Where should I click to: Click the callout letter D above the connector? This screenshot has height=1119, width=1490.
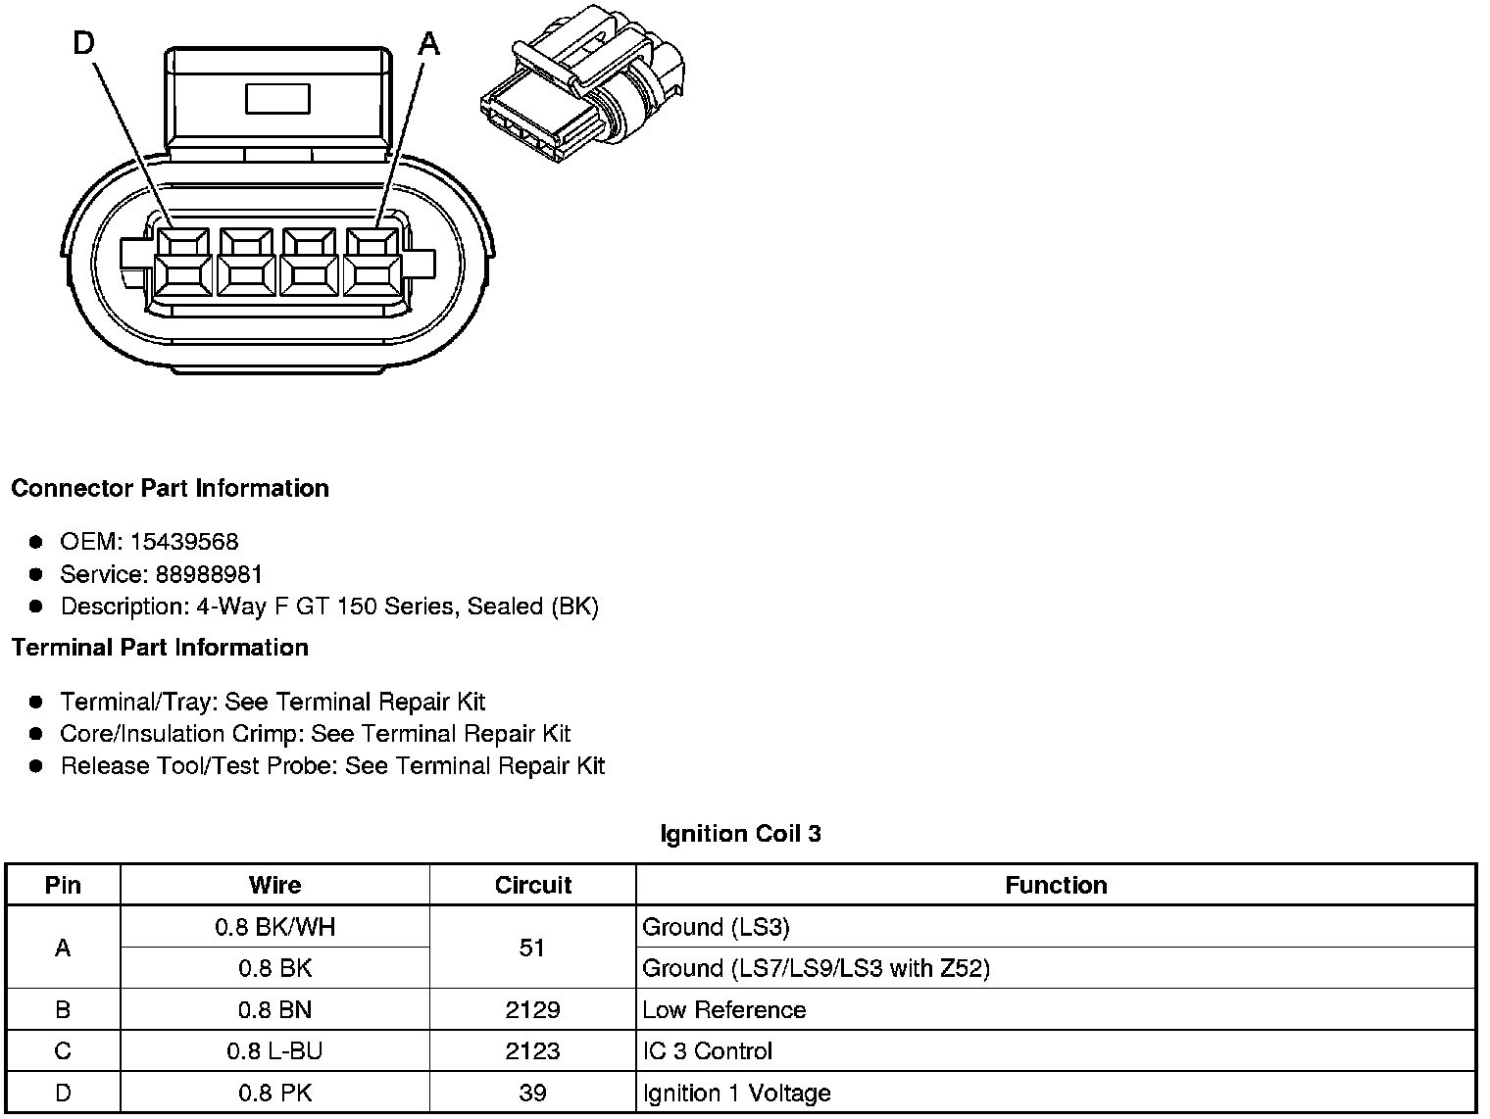click(84, 44)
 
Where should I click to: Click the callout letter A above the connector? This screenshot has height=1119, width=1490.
click(428, 44)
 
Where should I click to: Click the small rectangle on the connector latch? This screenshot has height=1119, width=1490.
click(277, 99)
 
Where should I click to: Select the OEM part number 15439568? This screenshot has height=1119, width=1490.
click(184, 542)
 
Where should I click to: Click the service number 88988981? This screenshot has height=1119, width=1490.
click(210, 574)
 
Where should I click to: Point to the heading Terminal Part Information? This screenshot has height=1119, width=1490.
click(160, 648)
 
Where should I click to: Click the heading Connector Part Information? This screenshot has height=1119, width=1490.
click(170, 488)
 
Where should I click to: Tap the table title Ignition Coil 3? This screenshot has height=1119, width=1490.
click(740, 834)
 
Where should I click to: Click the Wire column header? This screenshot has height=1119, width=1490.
click(274, 885)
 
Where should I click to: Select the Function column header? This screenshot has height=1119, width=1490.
click(1056, 885)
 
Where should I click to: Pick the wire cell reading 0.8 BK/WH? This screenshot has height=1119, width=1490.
click(274, 927)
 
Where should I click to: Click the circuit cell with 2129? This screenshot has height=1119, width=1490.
click(532, 1010)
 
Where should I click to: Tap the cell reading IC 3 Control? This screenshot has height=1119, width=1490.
click(707, 1051)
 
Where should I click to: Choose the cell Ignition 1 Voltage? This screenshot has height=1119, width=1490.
click(736, 1093)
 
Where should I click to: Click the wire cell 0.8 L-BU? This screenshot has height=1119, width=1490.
click(274, 1051)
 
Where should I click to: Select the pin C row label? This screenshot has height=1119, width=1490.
click(63, 1051)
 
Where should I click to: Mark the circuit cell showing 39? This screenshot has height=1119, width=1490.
click(532, 1093)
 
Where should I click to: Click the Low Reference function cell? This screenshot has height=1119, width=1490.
click(723, 1010)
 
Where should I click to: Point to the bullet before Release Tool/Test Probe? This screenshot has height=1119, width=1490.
click(36, 766)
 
